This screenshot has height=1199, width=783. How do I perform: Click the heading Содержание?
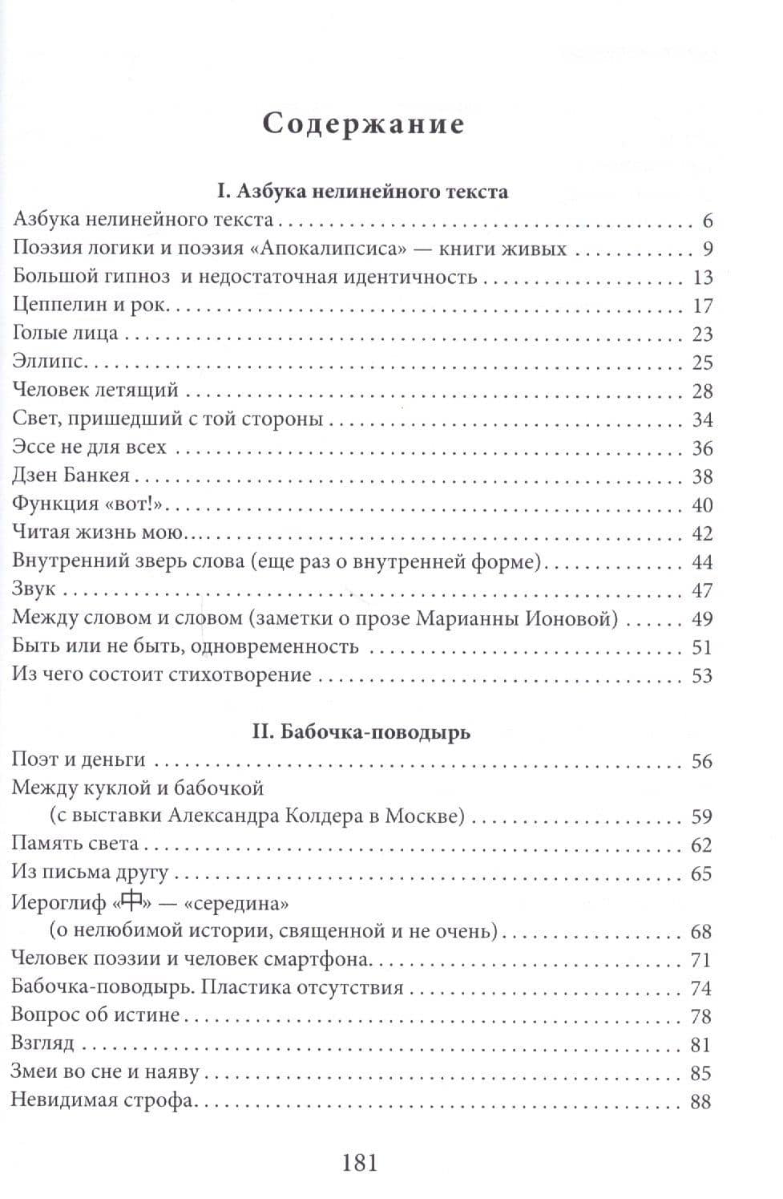363,124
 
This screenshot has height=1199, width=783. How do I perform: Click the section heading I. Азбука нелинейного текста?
362,192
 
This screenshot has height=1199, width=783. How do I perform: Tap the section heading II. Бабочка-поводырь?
362,732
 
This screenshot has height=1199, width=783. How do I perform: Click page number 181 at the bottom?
359,1161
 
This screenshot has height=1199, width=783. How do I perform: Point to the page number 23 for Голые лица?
701,334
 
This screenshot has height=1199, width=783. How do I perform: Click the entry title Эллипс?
49,363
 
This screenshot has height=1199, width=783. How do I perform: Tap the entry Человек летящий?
95,391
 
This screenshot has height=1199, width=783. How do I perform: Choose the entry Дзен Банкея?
71,476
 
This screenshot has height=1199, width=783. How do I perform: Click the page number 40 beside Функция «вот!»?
701,505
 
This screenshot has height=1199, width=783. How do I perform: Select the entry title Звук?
34,589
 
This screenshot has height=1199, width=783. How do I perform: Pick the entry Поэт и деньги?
78,760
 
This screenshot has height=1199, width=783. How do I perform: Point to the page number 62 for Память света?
701,845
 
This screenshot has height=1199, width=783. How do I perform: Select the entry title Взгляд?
42,1044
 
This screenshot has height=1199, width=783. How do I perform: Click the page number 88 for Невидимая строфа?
700,1102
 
